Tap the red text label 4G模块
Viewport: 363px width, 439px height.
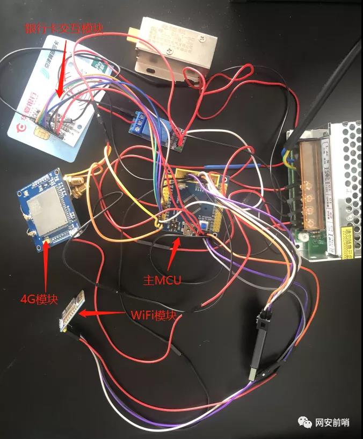[x=39, y=297]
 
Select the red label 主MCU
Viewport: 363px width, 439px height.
[x=162, y=280]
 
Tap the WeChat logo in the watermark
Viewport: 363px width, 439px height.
[x=306, y=422]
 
